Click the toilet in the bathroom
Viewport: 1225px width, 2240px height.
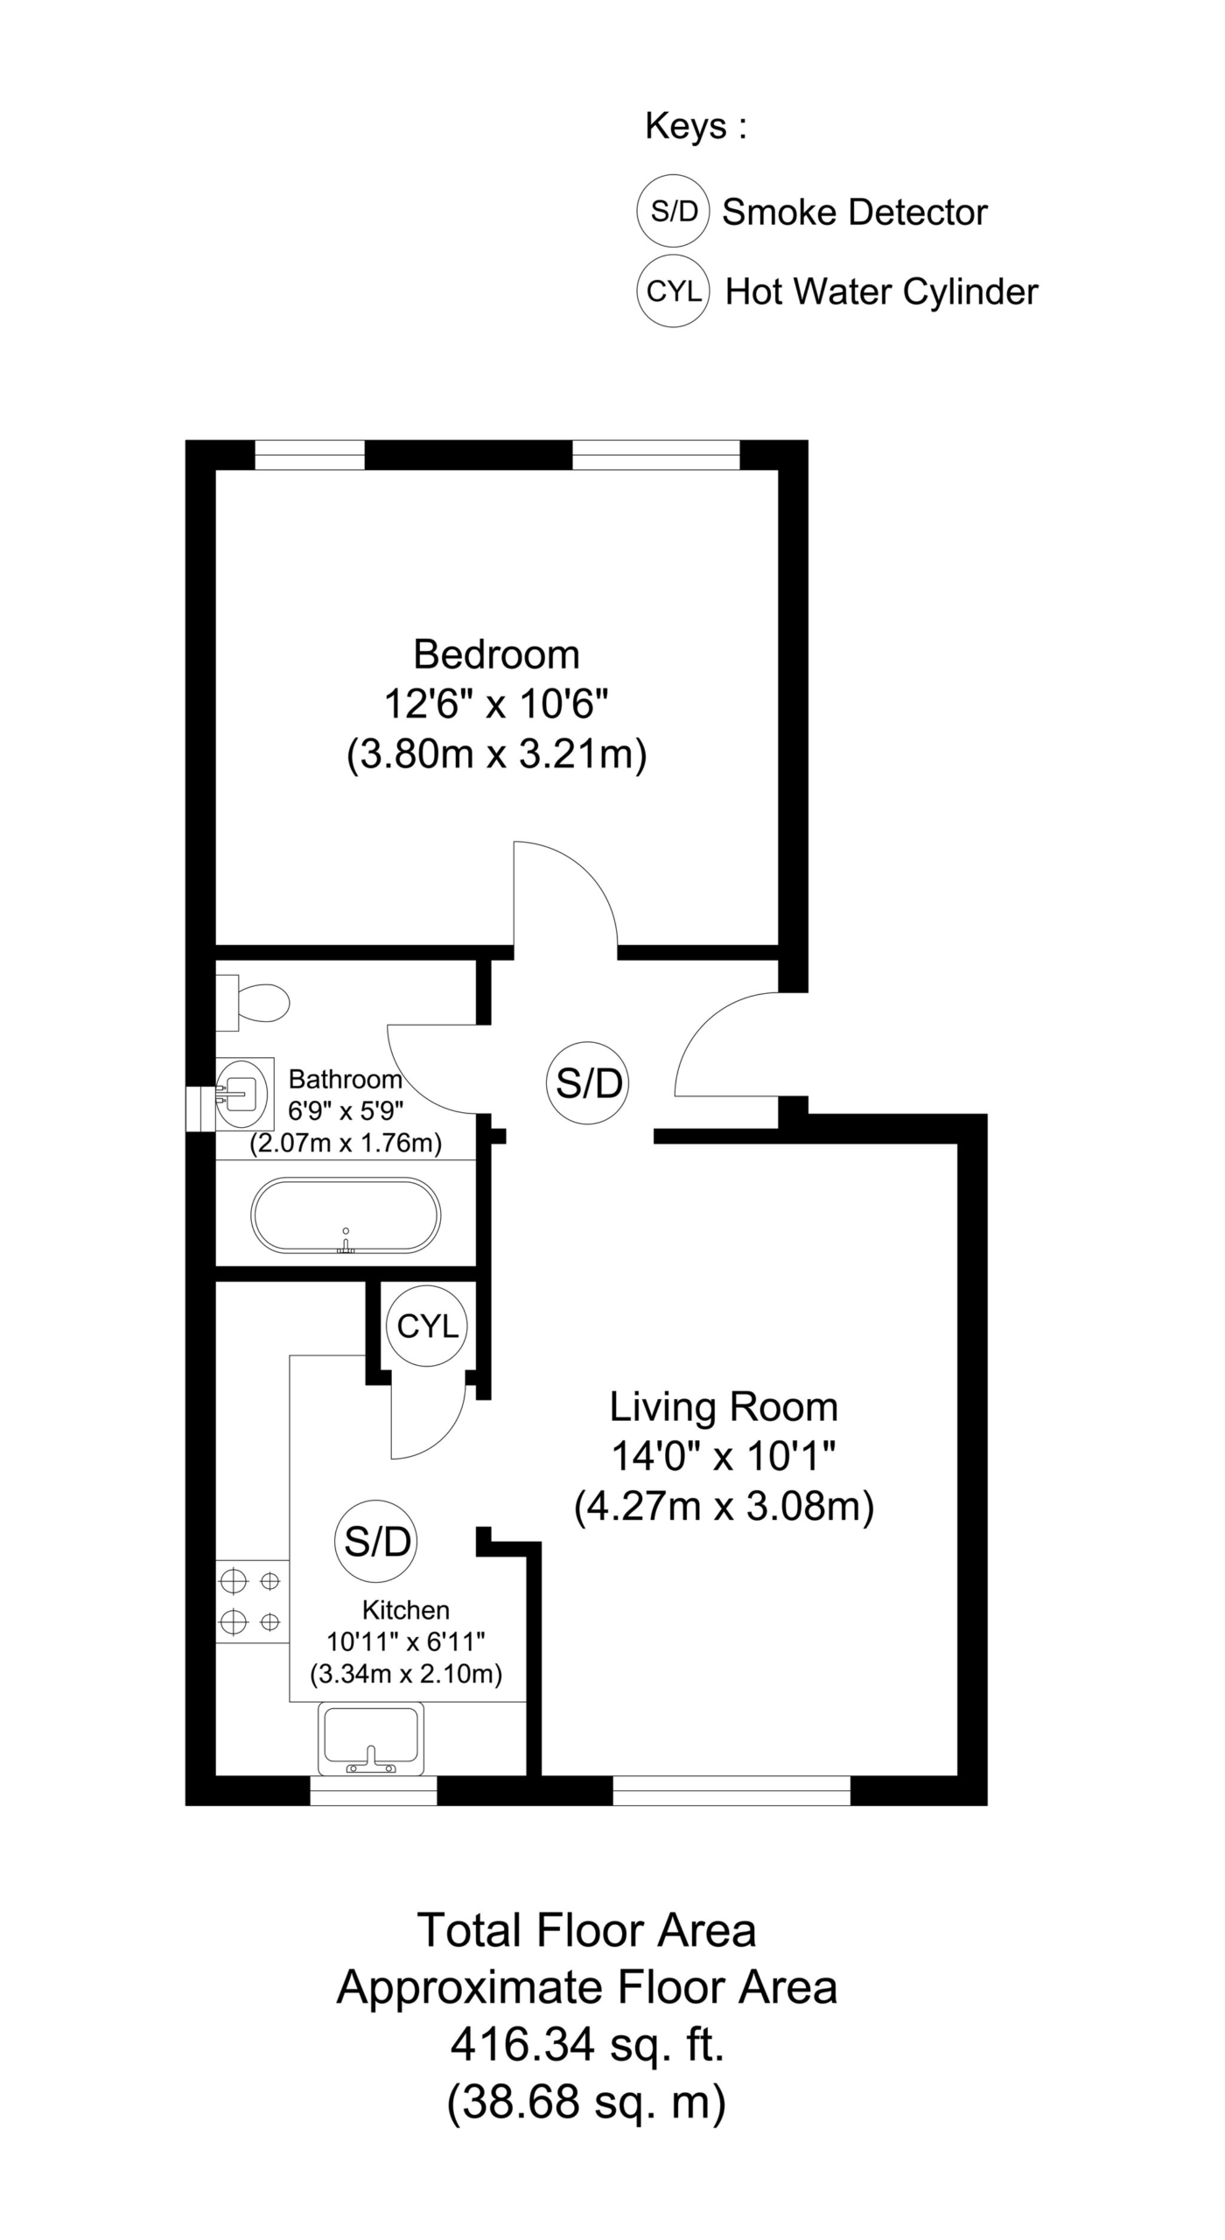coord(253,1003)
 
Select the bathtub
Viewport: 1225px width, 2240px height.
coord(346,1216)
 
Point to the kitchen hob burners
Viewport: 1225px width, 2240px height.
coord(252,1601)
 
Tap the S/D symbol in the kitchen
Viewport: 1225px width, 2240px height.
coord(376,1541)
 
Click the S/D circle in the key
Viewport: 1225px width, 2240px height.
coord(673,211)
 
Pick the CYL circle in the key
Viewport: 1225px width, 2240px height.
coord(673,291)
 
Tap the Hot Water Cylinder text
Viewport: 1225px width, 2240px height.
coord(882,292)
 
